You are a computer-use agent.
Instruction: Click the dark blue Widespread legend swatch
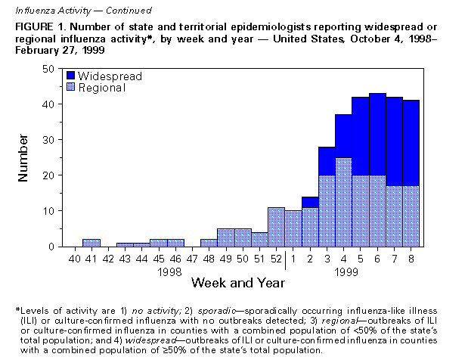point(70,76)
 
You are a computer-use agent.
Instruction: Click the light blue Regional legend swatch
point(70,88)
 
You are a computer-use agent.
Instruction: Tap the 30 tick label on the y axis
point(48,140)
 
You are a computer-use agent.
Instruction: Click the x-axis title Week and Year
point(237,283)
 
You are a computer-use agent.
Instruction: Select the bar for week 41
point(91,243)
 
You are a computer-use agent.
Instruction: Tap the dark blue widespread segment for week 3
point(327,161)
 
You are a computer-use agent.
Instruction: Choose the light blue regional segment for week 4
point(343,202)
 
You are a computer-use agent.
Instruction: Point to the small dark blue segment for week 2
point(310,202)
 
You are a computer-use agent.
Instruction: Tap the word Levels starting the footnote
point(35,311)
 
